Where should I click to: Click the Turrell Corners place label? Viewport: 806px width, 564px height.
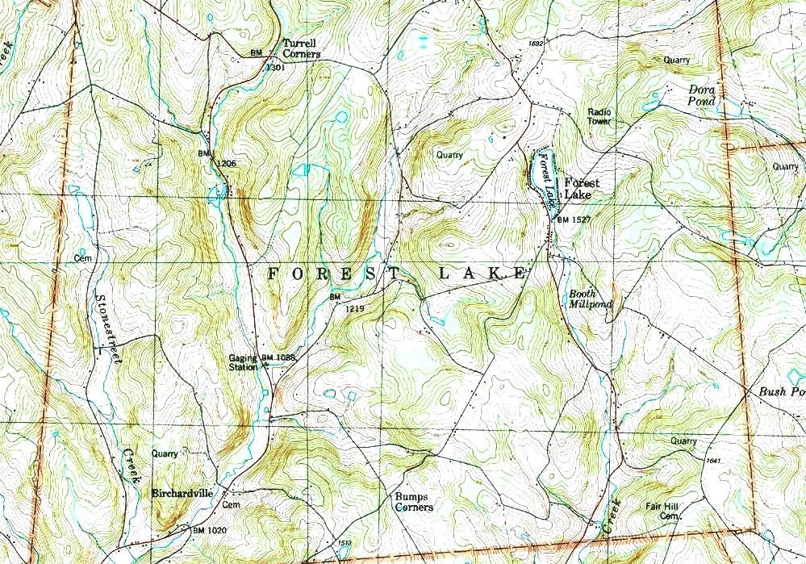click(301, 48)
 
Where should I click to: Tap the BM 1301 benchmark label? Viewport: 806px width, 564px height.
click(265, 60)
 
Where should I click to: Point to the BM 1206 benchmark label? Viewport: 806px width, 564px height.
click(216, 158)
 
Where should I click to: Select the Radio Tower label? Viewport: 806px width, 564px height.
click(599, 116)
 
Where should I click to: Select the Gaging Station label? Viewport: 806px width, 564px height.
click(242, 362)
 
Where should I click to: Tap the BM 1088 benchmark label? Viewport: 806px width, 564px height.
click(278, 357)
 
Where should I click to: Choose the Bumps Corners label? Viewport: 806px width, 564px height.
click(412, 502)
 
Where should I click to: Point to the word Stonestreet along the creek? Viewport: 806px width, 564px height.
click(106, 328)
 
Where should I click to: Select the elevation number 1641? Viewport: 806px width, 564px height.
click(711, 460)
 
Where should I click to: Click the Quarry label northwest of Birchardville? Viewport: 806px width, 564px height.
click(164, 453)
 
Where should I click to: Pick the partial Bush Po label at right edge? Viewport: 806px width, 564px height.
click(782, 392)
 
